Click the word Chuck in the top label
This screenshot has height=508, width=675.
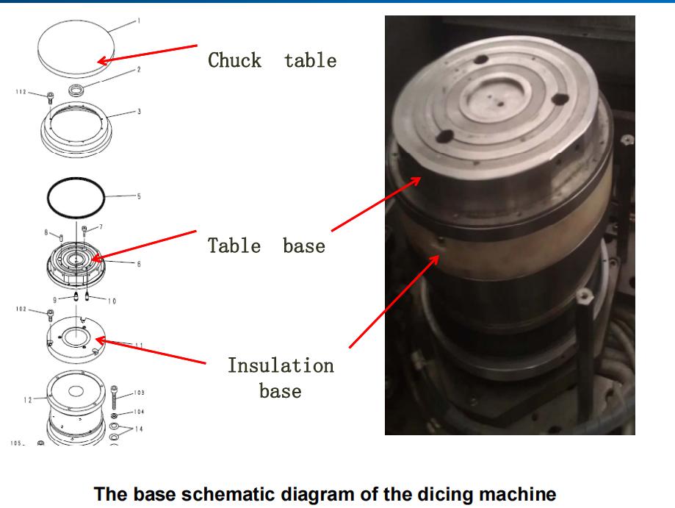(234, 60)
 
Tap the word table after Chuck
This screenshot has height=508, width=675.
(310, 60)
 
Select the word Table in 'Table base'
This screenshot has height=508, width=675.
(234, 245)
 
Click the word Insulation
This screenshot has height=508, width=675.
(280, 365)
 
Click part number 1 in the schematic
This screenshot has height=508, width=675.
(139, 21)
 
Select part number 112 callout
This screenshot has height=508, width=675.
(21, 93)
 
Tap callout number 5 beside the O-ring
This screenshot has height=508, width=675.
(138, 196)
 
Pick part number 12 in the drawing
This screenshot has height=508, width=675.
(27, 399)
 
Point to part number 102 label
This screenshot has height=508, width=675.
(21, 310)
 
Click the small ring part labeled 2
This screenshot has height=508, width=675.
(76, 90)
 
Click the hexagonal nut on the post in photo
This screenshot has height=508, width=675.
(585, 298)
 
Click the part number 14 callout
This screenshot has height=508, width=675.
(139, 429)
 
